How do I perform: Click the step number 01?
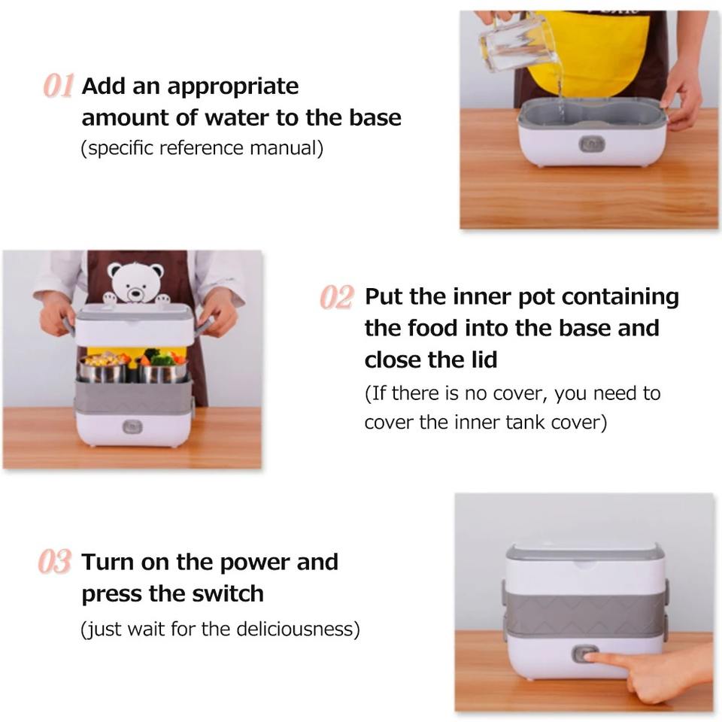59,86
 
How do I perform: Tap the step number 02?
337,297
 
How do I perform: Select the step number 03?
55,561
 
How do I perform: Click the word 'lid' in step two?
484,359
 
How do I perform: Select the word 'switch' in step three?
227,593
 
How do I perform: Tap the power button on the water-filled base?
591,144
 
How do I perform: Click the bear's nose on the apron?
136,293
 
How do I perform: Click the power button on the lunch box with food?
132,426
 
